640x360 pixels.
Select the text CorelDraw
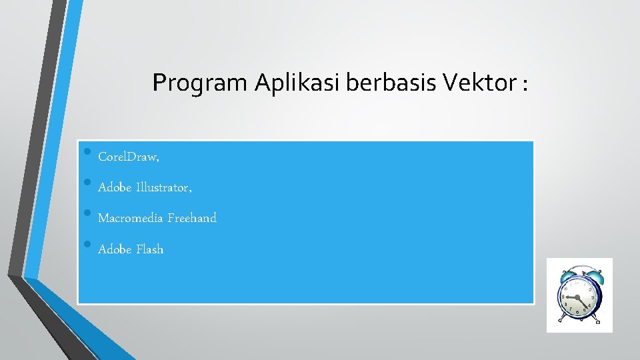[128, 157]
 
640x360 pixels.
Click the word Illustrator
[164, 188]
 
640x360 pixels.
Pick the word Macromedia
[130, 218]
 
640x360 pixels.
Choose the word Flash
[150, 249]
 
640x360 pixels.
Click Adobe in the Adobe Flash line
[114, 249]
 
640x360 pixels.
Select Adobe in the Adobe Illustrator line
[114, 188]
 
